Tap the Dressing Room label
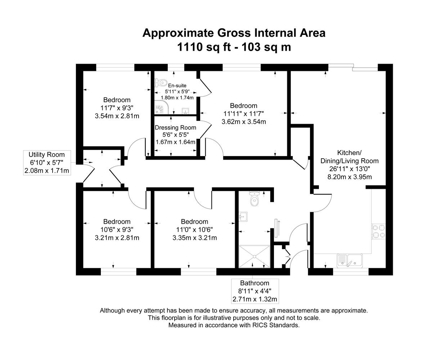tap(175, 128)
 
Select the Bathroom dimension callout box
tap(255, 291)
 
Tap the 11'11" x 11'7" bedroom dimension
tap(244, 114)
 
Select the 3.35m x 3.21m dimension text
tap(195, 238)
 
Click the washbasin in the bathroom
tap(243, 216)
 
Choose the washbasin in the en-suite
tap(186, 110)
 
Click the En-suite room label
tap(177, 85)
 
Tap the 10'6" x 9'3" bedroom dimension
tap(117, 229)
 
